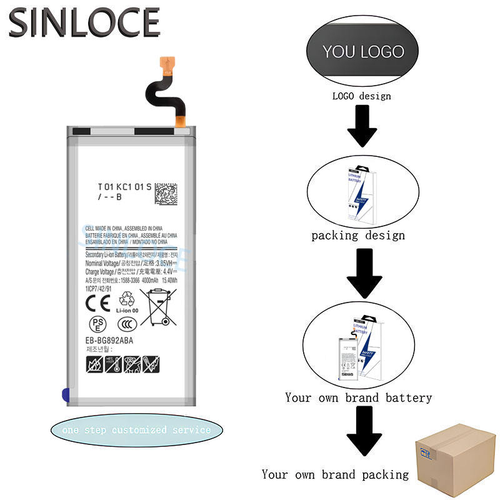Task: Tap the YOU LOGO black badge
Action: pyautogui.click(x=363, y=51)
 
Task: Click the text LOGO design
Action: pyautogui.click(x=361, y=96)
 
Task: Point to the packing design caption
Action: pyautogui.click(x=358, y=236)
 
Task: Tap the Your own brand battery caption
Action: pyautogui.click(x=358, y=397)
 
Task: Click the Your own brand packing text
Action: pyautogui.click(x=335, y=474)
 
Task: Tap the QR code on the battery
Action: pyautogui.click(x=169, y=196)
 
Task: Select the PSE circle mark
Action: pyautogui.click(x=97, y=324)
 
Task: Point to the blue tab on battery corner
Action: pyautogui.click(x=66, y=394)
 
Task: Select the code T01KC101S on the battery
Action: pyautogui.click(x=124, y=186)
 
